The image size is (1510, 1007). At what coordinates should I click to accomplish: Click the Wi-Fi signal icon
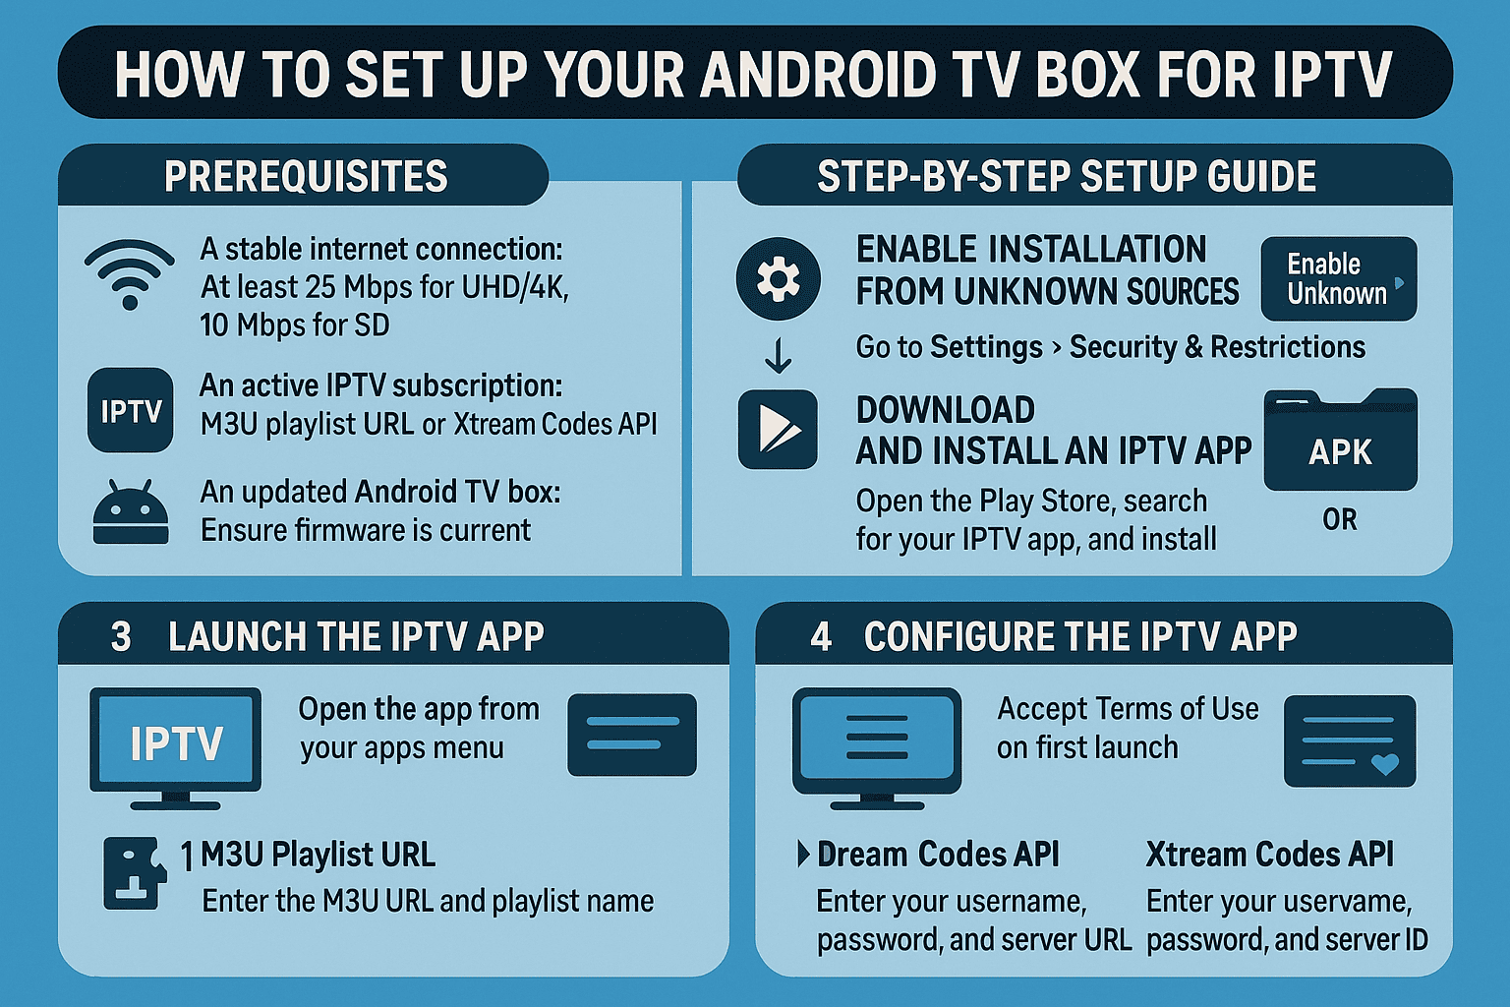coord(129,273)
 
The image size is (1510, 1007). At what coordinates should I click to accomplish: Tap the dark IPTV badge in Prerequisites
coord(130,410)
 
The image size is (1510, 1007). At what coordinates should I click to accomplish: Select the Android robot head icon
coord(130,512)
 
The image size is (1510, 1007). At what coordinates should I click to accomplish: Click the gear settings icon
coord(778,279)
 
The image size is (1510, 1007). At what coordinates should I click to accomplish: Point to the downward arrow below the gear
coord(778,355)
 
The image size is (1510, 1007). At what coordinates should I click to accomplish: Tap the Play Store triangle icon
coord(778,430)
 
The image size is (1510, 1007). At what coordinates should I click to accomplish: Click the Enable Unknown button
coord(1338,279)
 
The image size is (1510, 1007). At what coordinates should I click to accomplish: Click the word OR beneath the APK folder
coord(1340,519)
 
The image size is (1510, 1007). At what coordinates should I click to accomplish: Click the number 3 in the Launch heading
coord(121,637)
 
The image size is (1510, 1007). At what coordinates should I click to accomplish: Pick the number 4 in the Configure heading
coord(821,637)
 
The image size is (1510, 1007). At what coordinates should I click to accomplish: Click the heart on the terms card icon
coord(1384,764)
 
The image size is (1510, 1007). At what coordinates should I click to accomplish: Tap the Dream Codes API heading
coord(938,855)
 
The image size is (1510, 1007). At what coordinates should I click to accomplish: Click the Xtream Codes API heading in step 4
coord(1269,855)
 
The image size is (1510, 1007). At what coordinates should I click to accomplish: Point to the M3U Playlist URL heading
coord(318,855)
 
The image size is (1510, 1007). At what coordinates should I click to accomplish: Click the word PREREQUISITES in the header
coord(306,177)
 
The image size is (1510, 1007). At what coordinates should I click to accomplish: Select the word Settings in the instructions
coord(986,347)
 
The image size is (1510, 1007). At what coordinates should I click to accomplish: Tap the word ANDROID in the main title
coord(826,75)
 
